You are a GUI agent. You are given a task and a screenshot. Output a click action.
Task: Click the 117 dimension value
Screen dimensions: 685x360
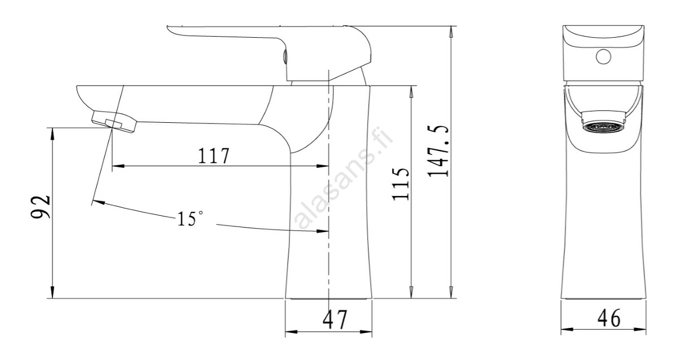[213, 156]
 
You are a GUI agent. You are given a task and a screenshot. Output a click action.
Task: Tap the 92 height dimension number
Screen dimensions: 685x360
[41, 207]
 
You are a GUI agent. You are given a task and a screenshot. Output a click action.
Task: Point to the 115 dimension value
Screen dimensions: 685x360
[401, 184]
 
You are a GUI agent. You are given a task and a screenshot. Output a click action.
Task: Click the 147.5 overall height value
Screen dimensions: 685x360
[438, 151]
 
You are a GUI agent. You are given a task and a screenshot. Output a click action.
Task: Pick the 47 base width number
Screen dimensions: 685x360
[335, 319]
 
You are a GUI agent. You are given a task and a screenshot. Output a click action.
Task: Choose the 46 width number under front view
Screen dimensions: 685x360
[609, 318]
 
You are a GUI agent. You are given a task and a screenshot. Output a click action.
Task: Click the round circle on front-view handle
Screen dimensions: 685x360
[603, 56]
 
